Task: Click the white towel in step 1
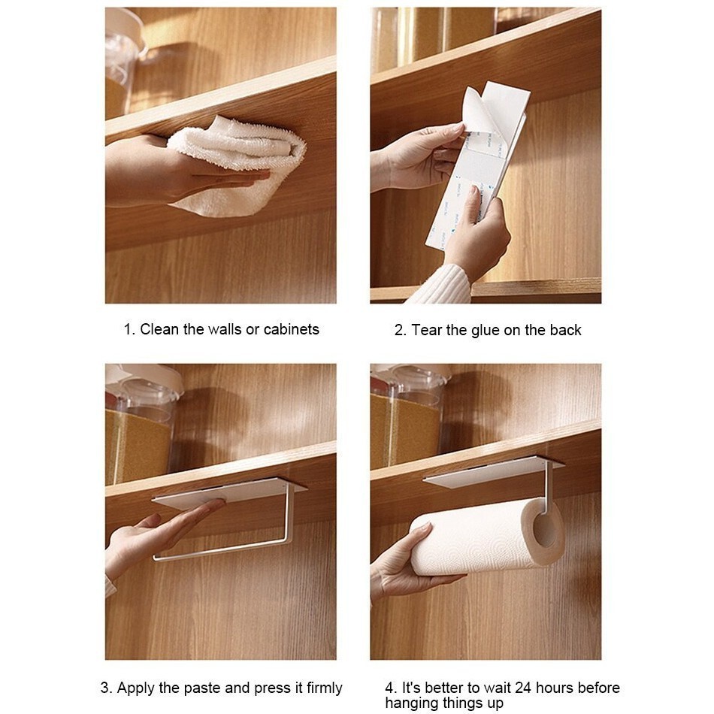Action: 237,164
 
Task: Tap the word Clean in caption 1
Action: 159,329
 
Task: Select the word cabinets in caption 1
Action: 292,329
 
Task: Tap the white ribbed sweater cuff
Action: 440,285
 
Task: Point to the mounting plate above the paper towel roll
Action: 493,473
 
